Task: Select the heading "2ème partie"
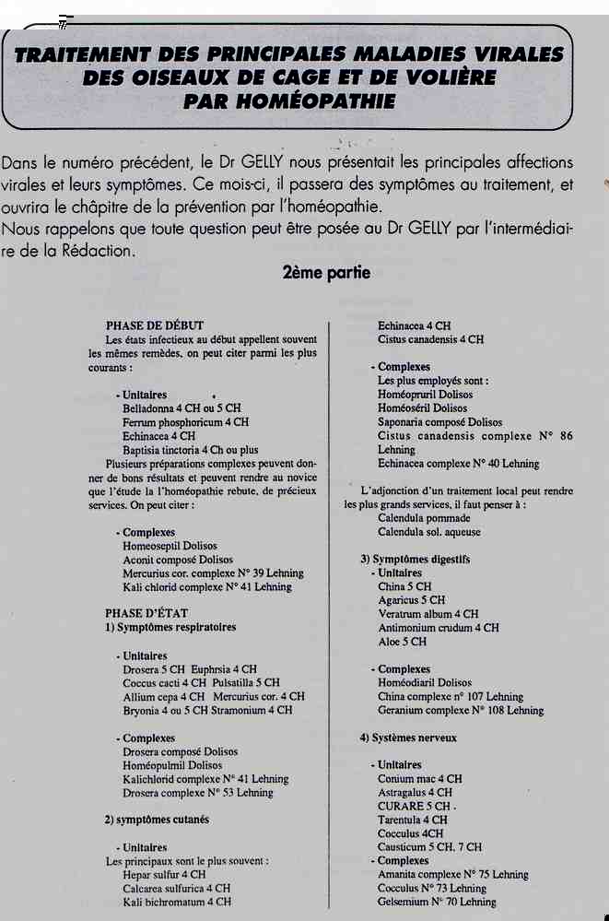(328, 274)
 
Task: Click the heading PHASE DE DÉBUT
(155, 325)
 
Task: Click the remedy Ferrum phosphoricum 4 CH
(185, 422)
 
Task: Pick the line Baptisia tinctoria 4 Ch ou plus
(191, 450)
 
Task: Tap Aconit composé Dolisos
(178, 560)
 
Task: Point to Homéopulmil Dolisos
(172, 765)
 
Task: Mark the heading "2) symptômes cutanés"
(157, 820)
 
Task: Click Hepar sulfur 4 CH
(164, 874)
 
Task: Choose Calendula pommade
(424, 518)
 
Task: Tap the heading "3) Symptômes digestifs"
(415, 560)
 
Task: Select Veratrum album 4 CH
(427, 614)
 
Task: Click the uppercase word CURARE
(399, 806)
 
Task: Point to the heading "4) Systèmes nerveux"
(408, 738)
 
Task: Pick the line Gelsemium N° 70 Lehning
(437, 902)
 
